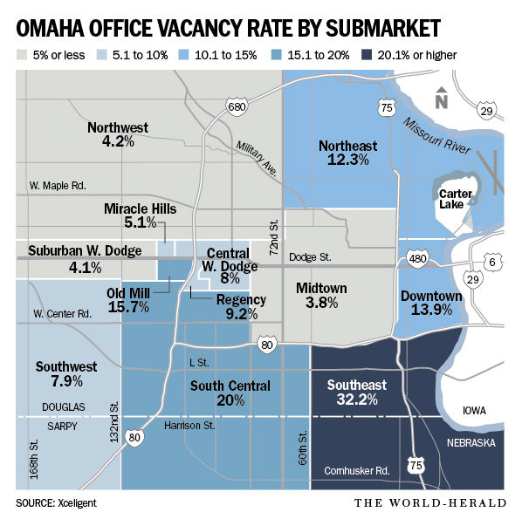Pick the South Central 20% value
(230, 400)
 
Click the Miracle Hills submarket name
(140, 208)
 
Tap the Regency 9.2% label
(230, 306)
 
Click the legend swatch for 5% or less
(23, 55)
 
